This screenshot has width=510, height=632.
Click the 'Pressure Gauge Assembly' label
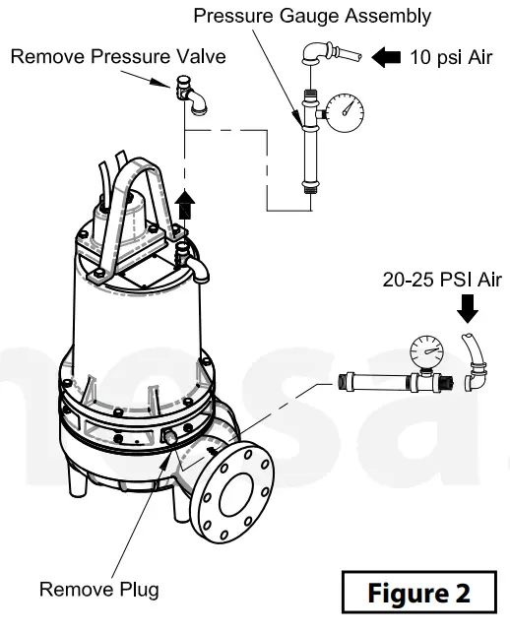(x=311, y=17)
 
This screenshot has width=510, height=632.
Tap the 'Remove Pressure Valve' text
(x=118, y=56)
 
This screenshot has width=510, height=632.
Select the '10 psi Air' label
(x=450, y=57)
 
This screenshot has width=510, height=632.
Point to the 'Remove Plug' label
(x=98, y=590)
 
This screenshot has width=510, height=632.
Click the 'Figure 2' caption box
(x=418, y=594)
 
